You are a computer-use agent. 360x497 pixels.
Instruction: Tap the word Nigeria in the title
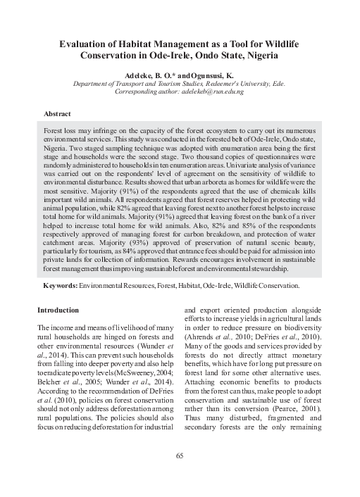click(258, 56)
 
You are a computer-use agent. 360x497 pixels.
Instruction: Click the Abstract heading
click(57, 113)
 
